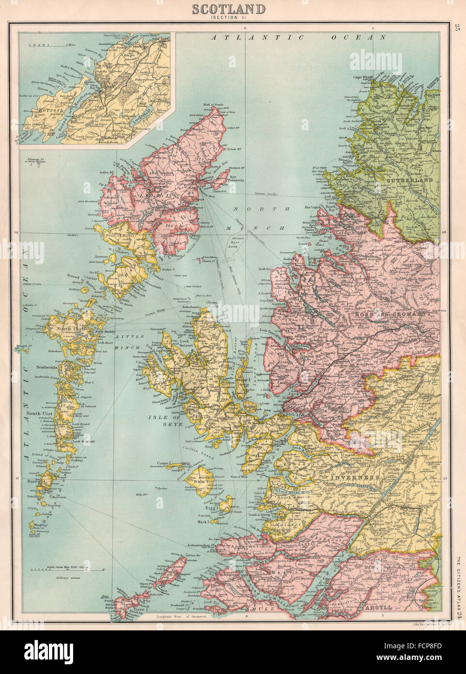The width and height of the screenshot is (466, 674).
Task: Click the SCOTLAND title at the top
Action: [x=229, y=9]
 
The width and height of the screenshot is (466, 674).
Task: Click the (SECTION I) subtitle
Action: [x=229, y=18]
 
